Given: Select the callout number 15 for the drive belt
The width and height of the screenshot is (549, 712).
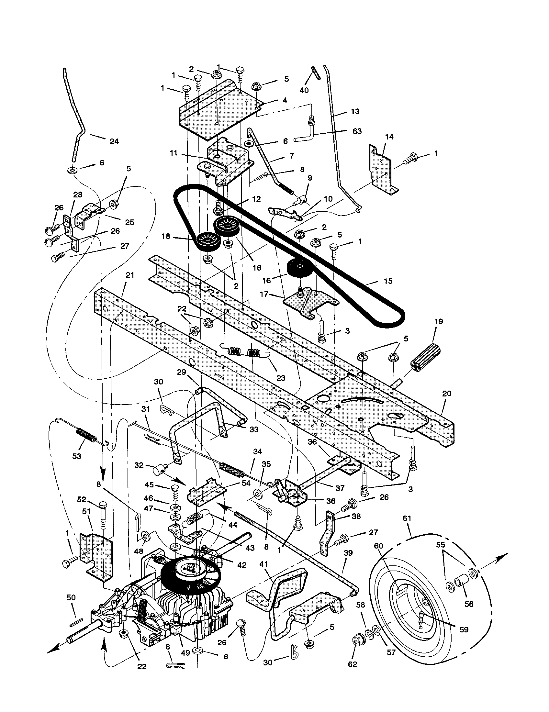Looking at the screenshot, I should [x=388, y=281].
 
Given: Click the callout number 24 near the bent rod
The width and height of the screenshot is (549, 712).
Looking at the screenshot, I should [x=114, y=141].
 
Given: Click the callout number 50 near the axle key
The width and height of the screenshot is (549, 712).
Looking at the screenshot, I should [x=71, y=597].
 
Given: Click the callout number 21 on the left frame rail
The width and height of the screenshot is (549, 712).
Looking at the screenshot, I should [x=130, y=275].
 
